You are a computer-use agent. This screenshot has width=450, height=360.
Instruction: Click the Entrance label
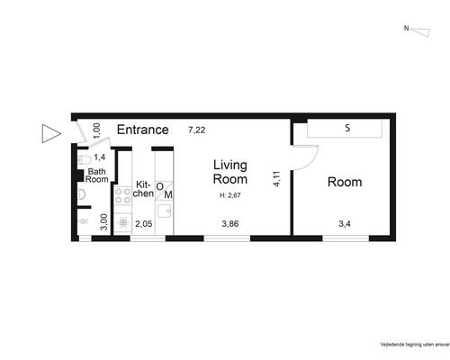(143, 130)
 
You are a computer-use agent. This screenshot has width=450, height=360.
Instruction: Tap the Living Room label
(230, 172)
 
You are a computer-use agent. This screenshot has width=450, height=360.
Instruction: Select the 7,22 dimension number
(197, 130)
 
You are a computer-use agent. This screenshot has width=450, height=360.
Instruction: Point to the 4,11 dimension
(276, 179)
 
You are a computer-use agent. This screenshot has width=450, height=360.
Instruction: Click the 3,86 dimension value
(230, 223)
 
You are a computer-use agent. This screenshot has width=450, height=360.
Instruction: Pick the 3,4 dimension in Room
(345, 223)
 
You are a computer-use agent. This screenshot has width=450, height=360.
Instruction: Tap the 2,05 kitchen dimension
(144, 224)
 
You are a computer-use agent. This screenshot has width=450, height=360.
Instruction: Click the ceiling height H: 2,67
(230, 195)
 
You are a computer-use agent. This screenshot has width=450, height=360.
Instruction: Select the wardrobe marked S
(345, 128)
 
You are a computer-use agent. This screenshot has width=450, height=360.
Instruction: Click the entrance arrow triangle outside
(51, 133)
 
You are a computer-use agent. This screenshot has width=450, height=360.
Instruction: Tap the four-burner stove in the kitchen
(122, 195)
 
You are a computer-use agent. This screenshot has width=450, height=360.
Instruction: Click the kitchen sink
(165, 211)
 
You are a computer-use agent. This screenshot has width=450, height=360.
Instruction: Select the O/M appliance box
(164, 191)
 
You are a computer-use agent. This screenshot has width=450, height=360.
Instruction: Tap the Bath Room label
(97, 175)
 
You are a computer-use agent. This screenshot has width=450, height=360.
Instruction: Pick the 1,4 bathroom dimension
(100, 157)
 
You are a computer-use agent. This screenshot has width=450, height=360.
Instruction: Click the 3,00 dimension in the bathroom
(103, 221)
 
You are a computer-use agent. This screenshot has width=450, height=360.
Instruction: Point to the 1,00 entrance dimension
(96, 130)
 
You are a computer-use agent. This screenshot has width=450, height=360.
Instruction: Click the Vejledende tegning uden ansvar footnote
(415, 345)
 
